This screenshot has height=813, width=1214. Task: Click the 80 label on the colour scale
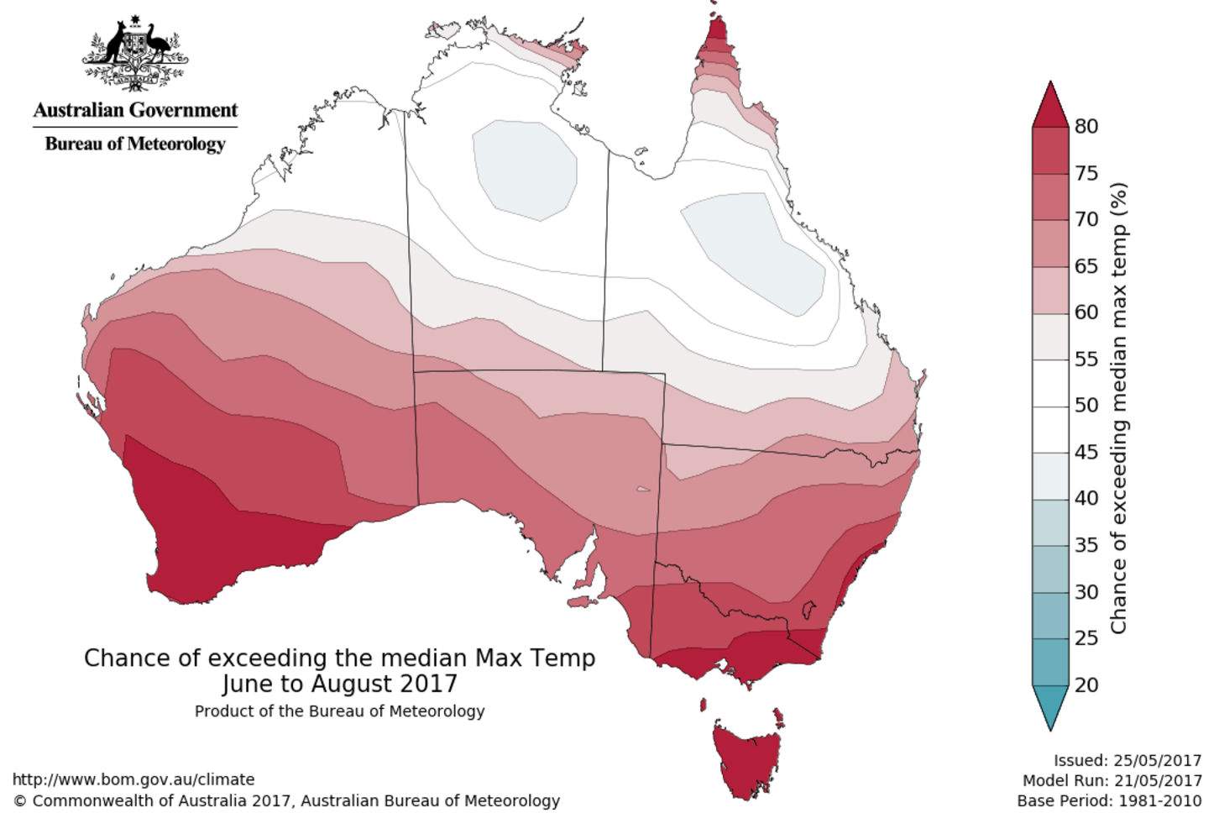(1086, 126)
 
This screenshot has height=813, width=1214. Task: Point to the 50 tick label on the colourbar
(1086, 405)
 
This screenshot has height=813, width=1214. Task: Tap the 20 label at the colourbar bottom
(1086, 684)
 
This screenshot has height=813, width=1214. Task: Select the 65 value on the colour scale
(1086, 265)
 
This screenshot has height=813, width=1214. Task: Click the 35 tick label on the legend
(1086, 545)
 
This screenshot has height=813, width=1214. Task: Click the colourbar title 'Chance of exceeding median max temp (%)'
(1118, 408)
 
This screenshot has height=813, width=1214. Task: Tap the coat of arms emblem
(135, 55)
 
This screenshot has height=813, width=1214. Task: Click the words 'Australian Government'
(135, 110)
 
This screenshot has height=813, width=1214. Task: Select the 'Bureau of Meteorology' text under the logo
(135, 144)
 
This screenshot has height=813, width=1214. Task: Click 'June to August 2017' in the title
(339, 683)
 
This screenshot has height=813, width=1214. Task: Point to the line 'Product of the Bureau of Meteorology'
(339, 711)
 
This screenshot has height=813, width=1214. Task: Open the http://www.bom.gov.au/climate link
(133, 779)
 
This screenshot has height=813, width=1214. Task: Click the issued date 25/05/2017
(1158, 761)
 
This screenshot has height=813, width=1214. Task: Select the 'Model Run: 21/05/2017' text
(1112, 781)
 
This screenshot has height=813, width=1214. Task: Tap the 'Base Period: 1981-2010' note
(1109, 801)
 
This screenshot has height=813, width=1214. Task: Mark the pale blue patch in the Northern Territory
(525, 168)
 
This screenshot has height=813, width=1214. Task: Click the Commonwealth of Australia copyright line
(286, 801)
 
